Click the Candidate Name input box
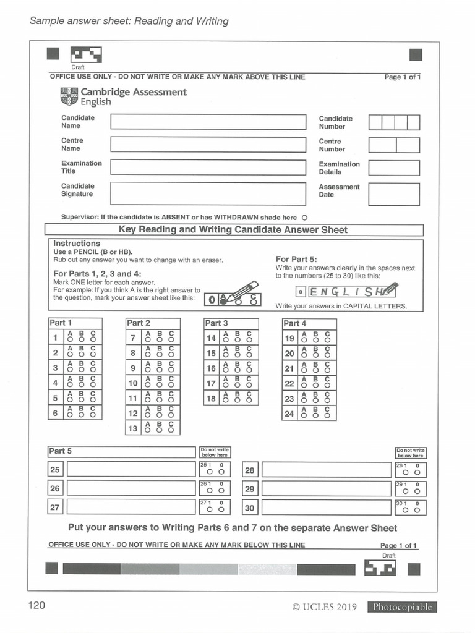pyautogui.click(x=208, y=122)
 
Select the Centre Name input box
pyautogui.click(x=208, y=145)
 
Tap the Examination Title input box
pyautogui.click(x=208, y=168)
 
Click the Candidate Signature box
pyautogui.click(x=208, y=193)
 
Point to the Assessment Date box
pyautogui.click(x=394, y=194)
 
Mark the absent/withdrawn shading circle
pyautogui.click(x=304, y=218)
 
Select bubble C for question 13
pyautogui.click(x=171, y=431)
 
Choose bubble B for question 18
pyautogui.click(x=237, y=401)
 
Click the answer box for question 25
pyautogui.click(x=131, y=469)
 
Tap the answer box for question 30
pyautogui.click(x=327, y=508)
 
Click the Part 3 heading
pyautogui.click(x=216, y=323)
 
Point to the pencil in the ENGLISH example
pyautogui.click(x=389, y=289)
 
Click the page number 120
pyautogui.click(x=36, y=605)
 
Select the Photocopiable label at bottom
pyautogui.click(x=401, y=607)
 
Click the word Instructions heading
pyautogui.click(x=77, y=244)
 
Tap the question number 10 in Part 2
pyautogui.click(x=133, y=383)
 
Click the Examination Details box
pyautogui.click(x=394, y=168)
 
